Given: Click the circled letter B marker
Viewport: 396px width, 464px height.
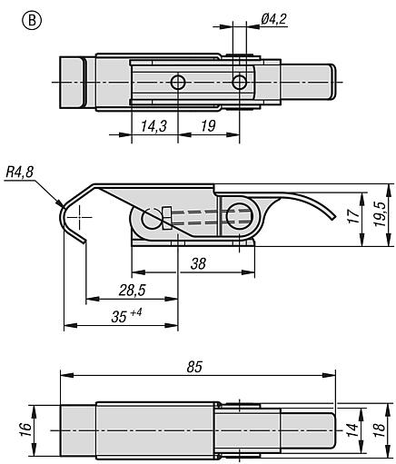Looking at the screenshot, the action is coord(32,21).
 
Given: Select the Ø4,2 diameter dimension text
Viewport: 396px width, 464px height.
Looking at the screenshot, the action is coord(273,19).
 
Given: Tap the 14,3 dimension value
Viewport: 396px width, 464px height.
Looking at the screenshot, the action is coord(154,126).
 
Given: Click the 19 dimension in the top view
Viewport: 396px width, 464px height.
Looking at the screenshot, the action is coord(208,125).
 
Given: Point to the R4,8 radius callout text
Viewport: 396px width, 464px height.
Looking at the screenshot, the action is coord(20,173).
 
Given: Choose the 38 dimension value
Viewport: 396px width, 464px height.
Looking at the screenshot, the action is coord(198,263).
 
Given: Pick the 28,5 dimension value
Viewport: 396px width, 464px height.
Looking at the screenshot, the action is coord(133,291).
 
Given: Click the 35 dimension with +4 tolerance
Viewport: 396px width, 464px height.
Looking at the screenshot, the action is coord(126,315).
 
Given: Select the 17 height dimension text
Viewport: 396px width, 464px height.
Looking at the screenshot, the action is coord(353,216).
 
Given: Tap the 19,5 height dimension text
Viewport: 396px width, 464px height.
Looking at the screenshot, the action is coord(380,214).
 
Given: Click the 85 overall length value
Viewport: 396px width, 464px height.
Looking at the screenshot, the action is coord(194,367).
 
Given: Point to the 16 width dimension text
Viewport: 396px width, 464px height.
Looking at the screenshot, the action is coord(26,429).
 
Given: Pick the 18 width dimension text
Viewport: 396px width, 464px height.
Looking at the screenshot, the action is coord(380,429).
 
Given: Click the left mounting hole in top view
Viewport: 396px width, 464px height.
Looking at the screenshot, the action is coord(178,82).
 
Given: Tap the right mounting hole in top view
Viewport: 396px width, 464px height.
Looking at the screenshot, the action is coord(240,82).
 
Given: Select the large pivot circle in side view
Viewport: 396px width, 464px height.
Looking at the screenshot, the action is coord(240,217).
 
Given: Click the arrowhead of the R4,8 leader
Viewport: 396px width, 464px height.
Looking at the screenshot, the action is coord(61,204).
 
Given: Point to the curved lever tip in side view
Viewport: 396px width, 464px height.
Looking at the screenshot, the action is coord(334,217).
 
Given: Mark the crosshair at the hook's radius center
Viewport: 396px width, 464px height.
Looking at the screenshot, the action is coord(79,217).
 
